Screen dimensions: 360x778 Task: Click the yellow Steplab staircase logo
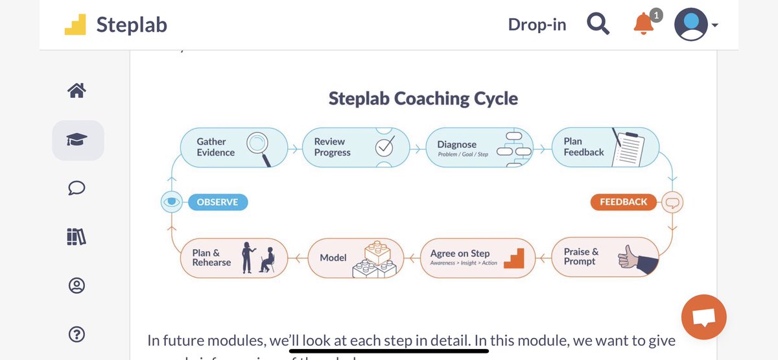coord(75,25)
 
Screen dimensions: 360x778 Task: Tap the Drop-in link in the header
coord(537,25)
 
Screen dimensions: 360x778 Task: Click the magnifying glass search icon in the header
coord(598,25)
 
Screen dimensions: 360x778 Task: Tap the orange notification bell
coord(643,25)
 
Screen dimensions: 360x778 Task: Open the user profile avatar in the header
coord(690,25)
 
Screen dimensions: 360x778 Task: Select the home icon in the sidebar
coord(77,91)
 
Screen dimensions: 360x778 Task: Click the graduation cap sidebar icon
coord(77,140)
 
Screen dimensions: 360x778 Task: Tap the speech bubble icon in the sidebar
coord(77,188)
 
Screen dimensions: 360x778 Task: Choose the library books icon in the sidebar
coord(77,237)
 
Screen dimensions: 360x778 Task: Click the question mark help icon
coord(77,335)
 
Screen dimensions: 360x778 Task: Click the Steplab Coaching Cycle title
coord(423,99)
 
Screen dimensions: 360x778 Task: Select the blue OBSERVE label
coord(217,202)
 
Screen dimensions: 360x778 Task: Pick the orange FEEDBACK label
coord(623,202)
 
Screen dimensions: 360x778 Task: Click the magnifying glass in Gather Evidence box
coord(259,148)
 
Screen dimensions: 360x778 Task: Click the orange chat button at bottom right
coord(703,318)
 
